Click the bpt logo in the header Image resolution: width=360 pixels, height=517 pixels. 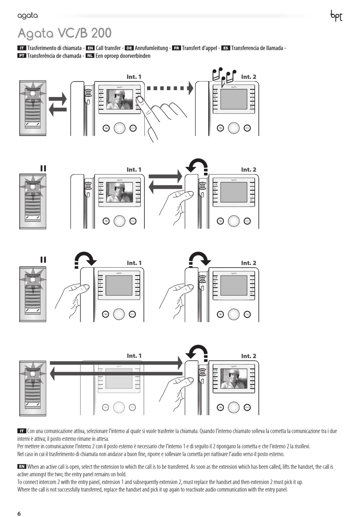click(336, 16)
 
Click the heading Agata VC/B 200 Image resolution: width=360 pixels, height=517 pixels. click(64, 33)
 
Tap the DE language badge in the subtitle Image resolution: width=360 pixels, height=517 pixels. click(129, 48)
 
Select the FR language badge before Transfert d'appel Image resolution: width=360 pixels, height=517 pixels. click(176, 48)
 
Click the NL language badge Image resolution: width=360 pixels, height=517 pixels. click(90, 56)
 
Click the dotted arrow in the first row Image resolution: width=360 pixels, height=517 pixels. click(170, 88)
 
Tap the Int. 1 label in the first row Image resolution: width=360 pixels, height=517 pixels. click(134, 77)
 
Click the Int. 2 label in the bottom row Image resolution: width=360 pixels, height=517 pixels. click(249, 356)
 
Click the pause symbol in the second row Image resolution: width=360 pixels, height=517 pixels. click(43, 168)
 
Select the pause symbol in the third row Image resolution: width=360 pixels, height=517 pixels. click(43, 260)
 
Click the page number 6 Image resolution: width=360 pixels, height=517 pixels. click(19, 514)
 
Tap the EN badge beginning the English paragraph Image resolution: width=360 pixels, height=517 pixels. click(22, 467)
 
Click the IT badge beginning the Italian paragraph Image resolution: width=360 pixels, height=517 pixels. click(22, 431)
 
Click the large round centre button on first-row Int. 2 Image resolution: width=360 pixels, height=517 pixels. click(233, 128)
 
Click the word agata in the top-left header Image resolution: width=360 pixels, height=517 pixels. click(28, 16)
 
